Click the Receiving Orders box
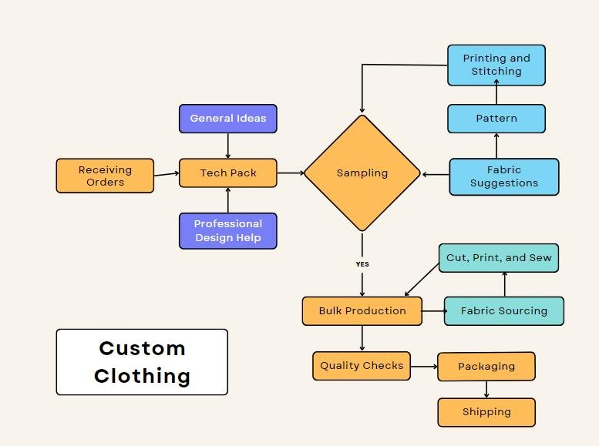coord(105,176)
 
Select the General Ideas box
coord(228,119)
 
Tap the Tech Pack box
coord(228,173)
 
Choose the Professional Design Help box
coord(228,231)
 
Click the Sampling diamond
coord(362,173)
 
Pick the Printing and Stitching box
coord(496,65)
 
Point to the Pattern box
coord(496,119)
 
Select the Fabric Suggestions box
coord(504,176)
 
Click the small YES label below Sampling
coord(362,264)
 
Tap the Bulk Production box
coord(362,311)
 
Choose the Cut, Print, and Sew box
coord(499,258)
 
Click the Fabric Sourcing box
coord(504,311)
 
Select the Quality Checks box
coord(362,366)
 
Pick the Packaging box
coord(486,367)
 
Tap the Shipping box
coord(486,412)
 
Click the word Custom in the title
coord(142,348)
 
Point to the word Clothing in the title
coord(142,376)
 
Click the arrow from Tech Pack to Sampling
coord(290,173)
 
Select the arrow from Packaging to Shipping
coord(486,389)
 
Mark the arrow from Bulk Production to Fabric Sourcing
coord(433,311)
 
